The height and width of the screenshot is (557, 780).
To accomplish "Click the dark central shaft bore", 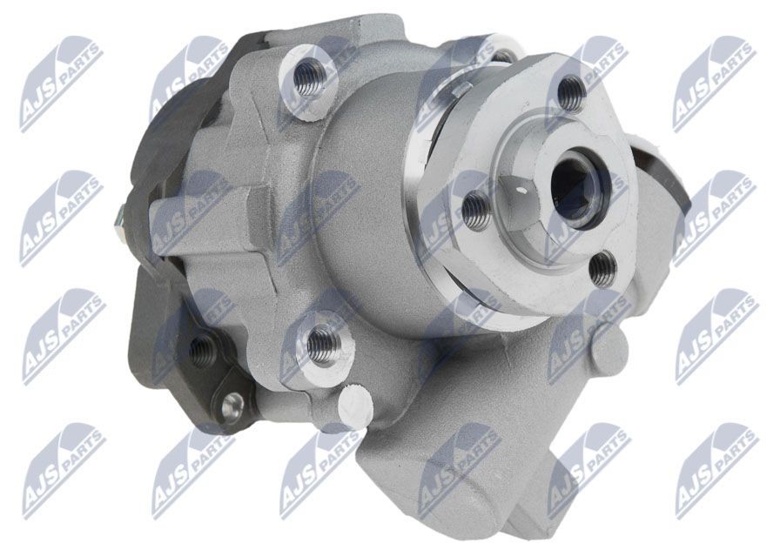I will tap(577, 185).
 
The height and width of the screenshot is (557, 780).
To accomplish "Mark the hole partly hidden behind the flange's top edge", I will tap(502, 56).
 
